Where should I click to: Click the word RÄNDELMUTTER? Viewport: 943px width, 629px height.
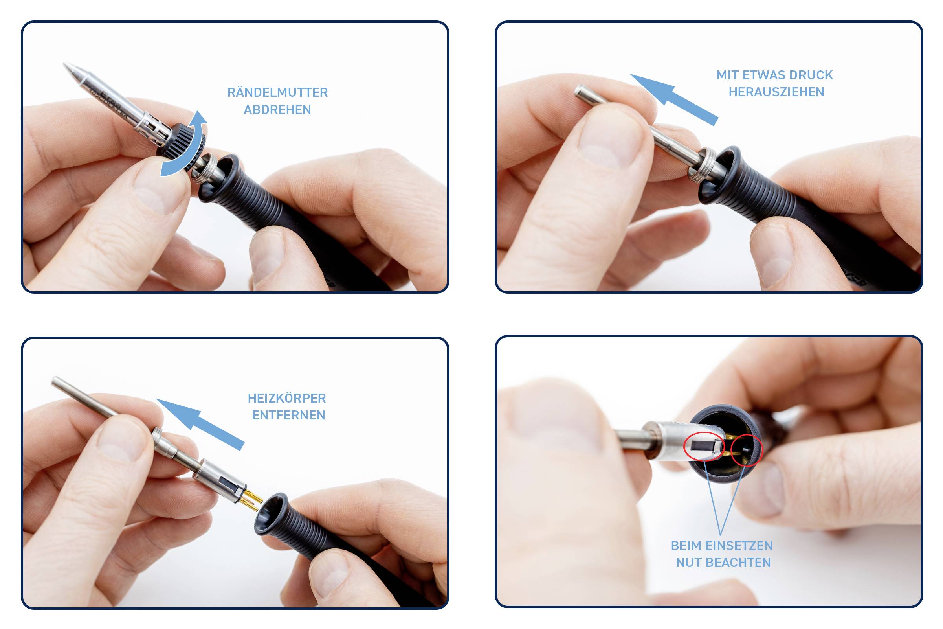[277, 92]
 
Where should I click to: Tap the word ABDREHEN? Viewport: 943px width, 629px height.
[277, 110]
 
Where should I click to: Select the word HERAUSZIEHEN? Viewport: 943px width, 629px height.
[776, 92]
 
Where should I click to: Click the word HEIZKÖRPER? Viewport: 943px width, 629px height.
[287, 398]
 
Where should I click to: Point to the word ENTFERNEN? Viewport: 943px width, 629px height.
[289, 415]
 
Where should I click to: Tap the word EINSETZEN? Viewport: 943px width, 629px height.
[739, 546]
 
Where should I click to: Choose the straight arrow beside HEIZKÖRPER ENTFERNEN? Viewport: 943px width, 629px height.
[199, 424]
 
